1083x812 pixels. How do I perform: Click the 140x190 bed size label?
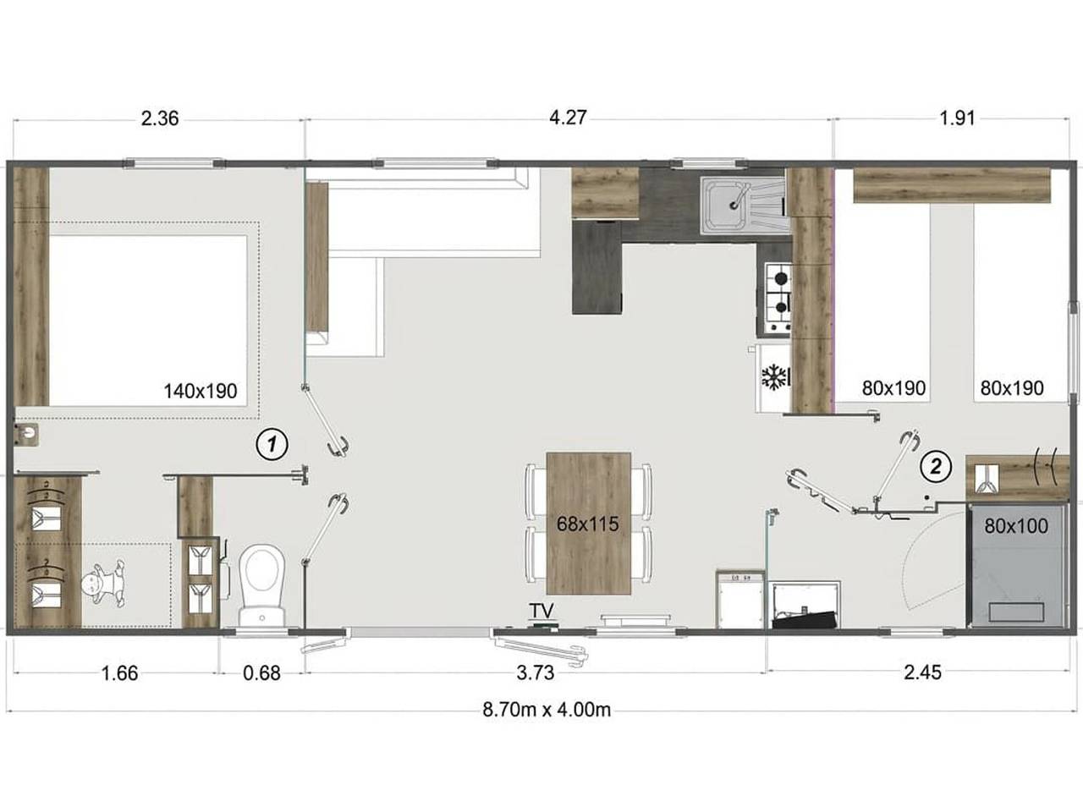click(x=201, y=391)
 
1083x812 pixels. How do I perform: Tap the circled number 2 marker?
click(x=936, y=464)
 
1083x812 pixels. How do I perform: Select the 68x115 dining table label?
click(x=587, y=524)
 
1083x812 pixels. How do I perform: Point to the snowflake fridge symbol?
click(x=774, y=377)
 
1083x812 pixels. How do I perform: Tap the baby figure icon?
click(x=103, y=585)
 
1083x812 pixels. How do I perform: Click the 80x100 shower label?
click(x=1016, y=526)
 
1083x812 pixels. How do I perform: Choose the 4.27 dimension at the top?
click(x=568, y=118)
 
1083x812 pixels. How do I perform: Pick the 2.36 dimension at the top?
click(x=160, y=118)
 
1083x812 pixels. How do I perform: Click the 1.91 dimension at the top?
click(x=957, y=118)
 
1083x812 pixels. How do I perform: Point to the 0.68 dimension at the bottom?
click(x=261, y=673)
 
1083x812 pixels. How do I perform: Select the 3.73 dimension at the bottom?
click(x=535, y=673)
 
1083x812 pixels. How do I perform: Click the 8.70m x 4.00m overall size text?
click(x=546, y=710)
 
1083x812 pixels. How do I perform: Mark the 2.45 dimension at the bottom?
click(x=922, y=673)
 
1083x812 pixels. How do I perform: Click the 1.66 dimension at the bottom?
click(x=119, y=673)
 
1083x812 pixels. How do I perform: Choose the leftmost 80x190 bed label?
click(x=893, y=389)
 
